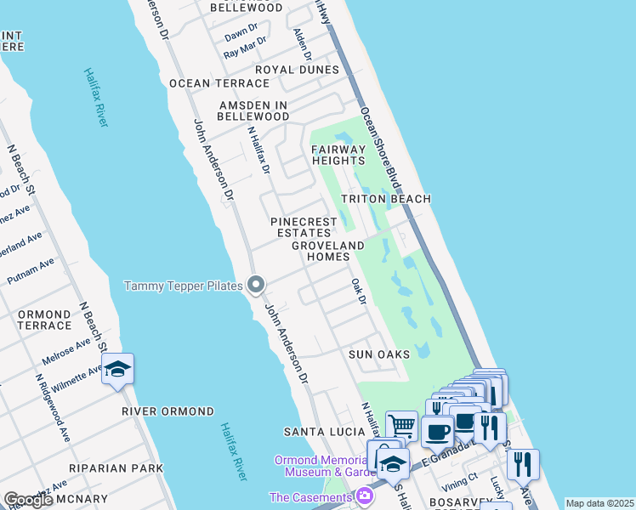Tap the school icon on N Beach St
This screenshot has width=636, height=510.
tap(118, 370)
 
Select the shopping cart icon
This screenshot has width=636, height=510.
tap(401, 425)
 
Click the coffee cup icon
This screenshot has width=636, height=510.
tap(438, 430)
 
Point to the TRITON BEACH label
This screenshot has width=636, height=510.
tap(386, 199)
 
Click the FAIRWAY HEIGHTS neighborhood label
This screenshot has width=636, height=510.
tap(338, 155)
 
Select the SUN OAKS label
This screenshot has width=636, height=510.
tap(379, 354)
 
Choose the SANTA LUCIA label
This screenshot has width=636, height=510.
tap(324, 433)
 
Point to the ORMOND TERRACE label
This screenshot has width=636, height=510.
tap(44, 320)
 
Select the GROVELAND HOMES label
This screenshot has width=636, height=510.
tap(327, 251)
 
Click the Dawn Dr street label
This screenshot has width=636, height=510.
tap(241, 36)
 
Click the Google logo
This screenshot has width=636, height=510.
tap(28, 500)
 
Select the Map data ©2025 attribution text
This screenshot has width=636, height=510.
tap(599, 503)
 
